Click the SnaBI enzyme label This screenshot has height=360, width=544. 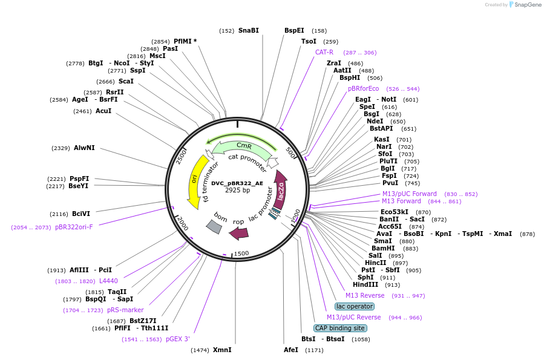coord(248,30)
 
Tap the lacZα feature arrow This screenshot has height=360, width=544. coord(281,189)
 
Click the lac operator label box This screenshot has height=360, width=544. coord(355,306)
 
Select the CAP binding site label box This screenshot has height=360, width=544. coord(340,328)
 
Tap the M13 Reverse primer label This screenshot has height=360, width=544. coord(365,295)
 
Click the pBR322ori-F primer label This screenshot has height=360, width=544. coord(74,227)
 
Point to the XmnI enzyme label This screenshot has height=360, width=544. coord(222,350)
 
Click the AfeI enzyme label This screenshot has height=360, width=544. coord(291,350)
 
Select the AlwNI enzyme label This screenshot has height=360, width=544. coord(84,148)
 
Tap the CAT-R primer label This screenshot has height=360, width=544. coord(324,52)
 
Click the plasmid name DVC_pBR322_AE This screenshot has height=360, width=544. coord(237,183)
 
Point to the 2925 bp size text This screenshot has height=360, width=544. coord(237,190)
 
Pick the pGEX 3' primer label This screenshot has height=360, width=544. coord(178,339)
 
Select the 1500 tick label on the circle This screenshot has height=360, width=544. coord(241,254)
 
